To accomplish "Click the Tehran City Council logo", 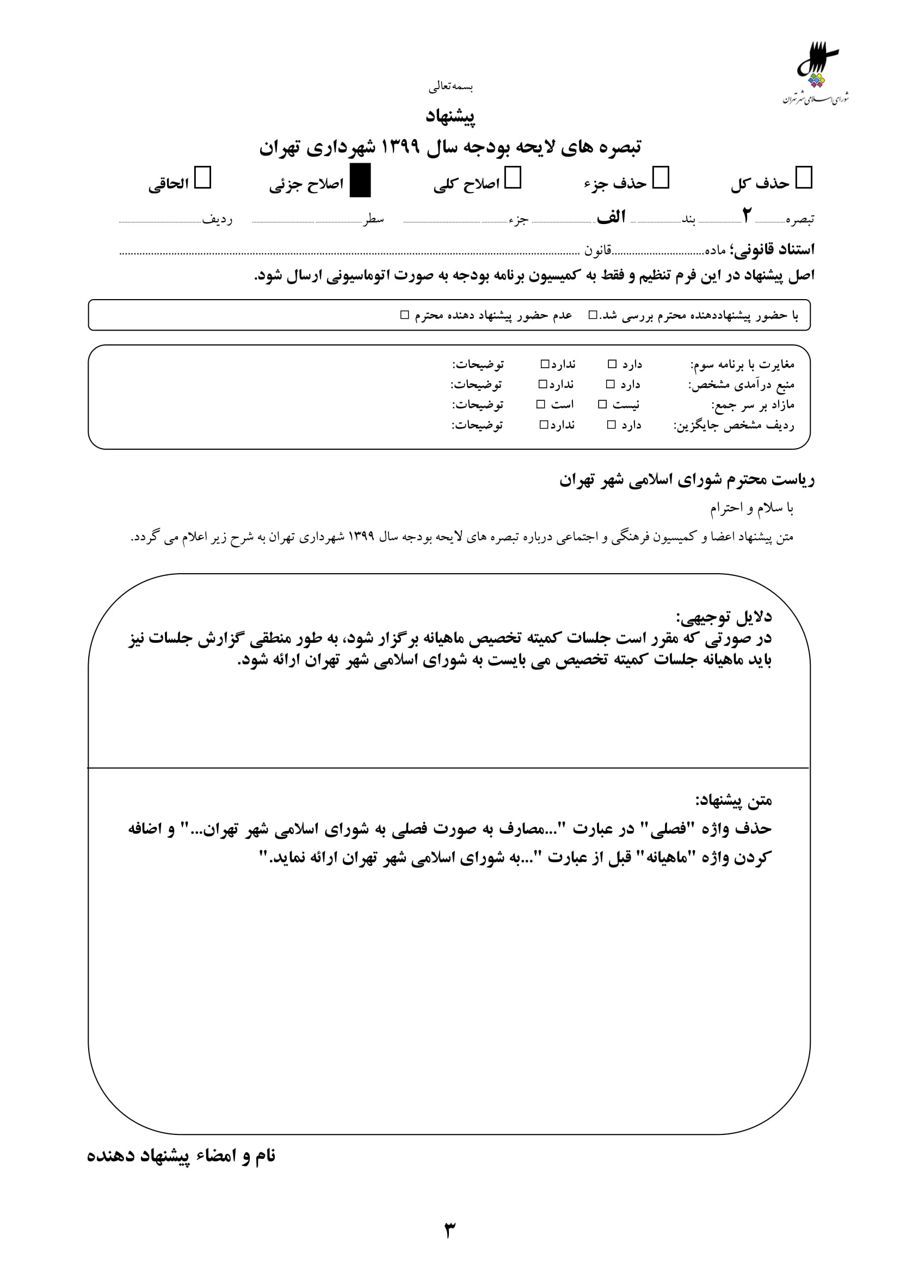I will [x=815, y=72].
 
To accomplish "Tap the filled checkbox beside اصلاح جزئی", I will [x=360, y=181].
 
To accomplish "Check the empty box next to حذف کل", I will [x=804, y=178].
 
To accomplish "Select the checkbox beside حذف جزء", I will [x=661, y=178].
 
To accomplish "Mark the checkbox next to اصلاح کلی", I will [x=513, y=178].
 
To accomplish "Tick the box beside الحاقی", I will [x=203, y=178].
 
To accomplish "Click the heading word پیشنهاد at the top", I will [x=450, y=116].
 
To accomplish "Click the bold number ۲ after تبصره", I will [x=747, y=215].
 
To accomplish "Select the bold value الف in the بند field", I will [x=611, y=216].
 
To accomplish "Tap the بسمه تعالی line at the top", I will [x=450, y=86].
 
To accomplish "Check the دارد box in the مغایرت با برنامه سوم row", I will [x=612, y=364].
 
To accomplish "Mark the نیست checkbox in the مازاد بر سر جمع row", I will [x=602, y=405].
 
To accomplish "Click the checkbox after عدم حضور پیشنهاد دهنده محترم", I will [x=404, y=315].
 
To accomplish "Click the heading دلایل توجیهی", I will [x=723, y=617].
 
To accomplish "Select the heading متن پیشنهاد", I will [x=733, y=800].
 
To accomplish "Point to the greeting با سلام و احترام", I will [x=752, y=508].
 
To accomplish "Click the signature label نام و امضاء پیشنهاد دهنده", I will [x=181, y=1156].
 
